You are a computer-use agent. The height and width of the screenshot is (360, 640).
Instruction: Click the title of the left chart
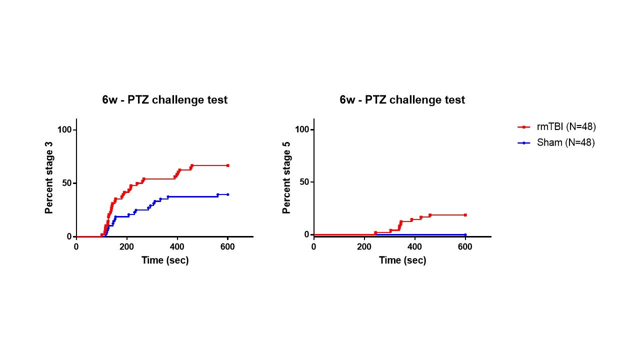[x=165, y=100]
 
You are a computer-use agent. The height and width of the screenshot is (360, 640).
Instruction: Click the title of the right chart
[x=402, y=100]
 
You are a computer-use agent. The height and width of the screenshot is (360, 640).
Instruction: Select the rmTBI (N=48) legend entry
[x=566, y=127]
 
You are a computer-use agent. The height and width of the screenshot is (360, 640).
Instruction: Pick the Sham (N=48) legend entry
[x=565, y=142]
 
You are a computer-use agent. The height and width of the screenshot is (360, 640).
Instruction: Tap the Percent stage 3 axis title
[x=49, y=177]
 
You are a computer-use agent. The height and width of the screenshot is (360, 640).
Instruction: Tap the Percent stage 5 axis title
[x=287, y=177]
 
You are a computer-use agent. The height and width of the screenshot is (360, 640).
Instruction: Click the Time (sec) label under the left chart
[x=165, y=260]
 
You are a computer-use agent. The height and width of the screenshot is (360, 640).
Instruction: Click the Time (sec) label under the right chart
[x=402, y=260]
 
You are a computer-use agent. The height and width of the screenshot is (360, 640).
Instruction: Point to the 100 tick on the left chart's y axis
[x=64, y=130]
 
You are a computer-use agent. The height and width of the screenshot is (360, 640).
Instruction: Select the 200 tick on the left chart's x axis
[x=127, y=246]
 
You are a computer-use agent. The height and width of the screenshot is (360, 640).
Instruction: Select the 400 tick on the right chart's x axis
[x=414, y=246]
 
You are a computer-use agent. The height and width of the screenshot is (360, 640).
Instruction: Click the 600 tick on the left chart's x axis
[x=227, y=246]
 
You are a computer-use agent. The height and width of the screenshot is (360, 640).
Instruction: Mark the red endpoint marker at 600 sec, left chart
[x=227, y=165]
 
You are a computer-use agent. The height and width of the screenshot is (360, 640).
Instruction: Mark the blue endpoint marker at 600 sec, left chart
[x=227, y=194]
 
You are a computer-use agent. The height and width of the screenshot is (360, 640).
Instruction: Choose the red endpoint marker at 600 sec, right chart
[x=465, y=215]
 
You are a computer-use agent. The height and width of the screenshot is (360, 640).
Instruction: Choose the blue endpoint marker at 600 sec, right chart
[x=465, y=234]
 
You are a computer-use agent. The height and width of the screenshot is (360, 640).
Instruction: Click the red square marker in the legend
[x=523, y=127]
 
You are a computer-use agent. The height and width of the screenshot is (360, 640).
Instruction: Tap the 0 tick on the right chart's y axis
[x=307, y=234]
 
